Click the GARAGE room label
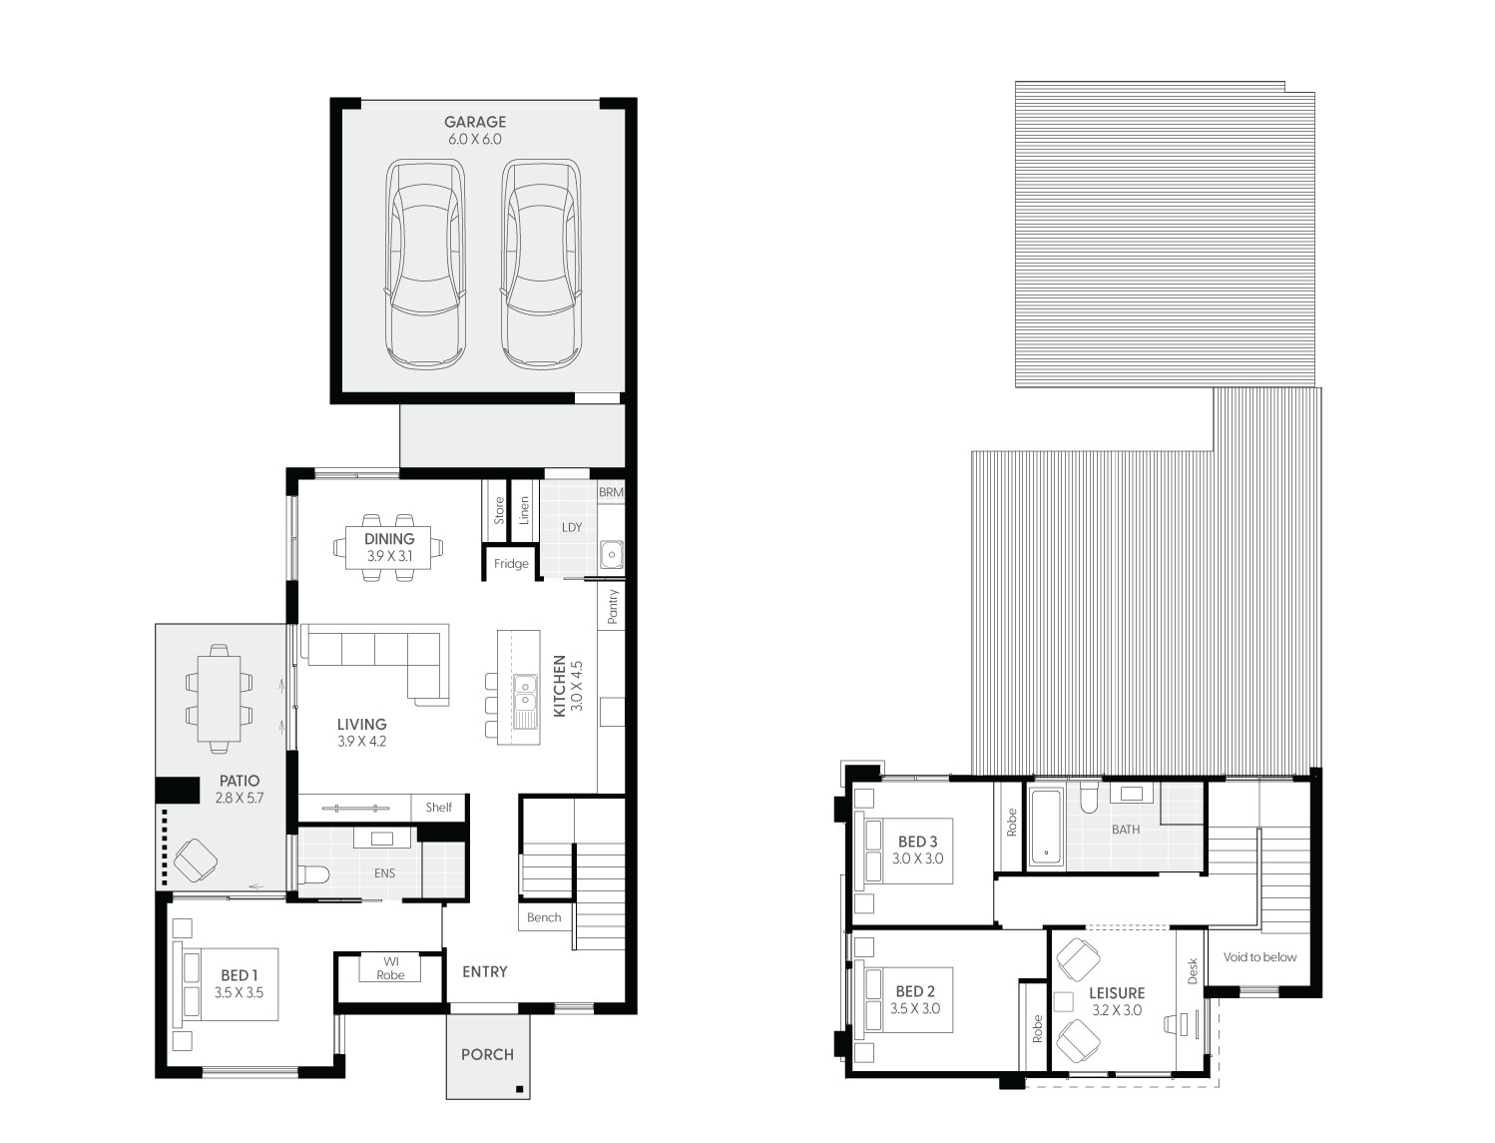[x=475, y=122]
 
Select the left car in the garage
[x=425, y=264]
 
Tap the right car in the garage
[x=541, y=264]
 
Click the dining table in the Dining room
[x=389, y=546]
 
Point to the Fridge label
[x=511, y=564]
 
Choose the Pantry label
[x=613, y=606]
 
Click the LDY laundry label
[x=571, y=527]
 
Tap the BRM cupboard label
[x=611, y=493]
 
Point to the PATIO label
[x=239, y=781]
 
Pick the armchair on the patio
[x=195, y=859]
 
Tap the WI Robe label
[x=390, y=968]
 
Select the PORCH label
[x=487, y=1054]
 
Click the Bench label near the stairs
[x=544, y=917]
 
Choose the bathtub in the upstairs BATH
[x=1045, y=826]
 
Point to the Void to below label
[x=1259, y=957]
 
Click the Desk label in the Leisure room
[x=1192, y=972]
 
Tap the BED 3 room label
[x=917, y=842]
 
